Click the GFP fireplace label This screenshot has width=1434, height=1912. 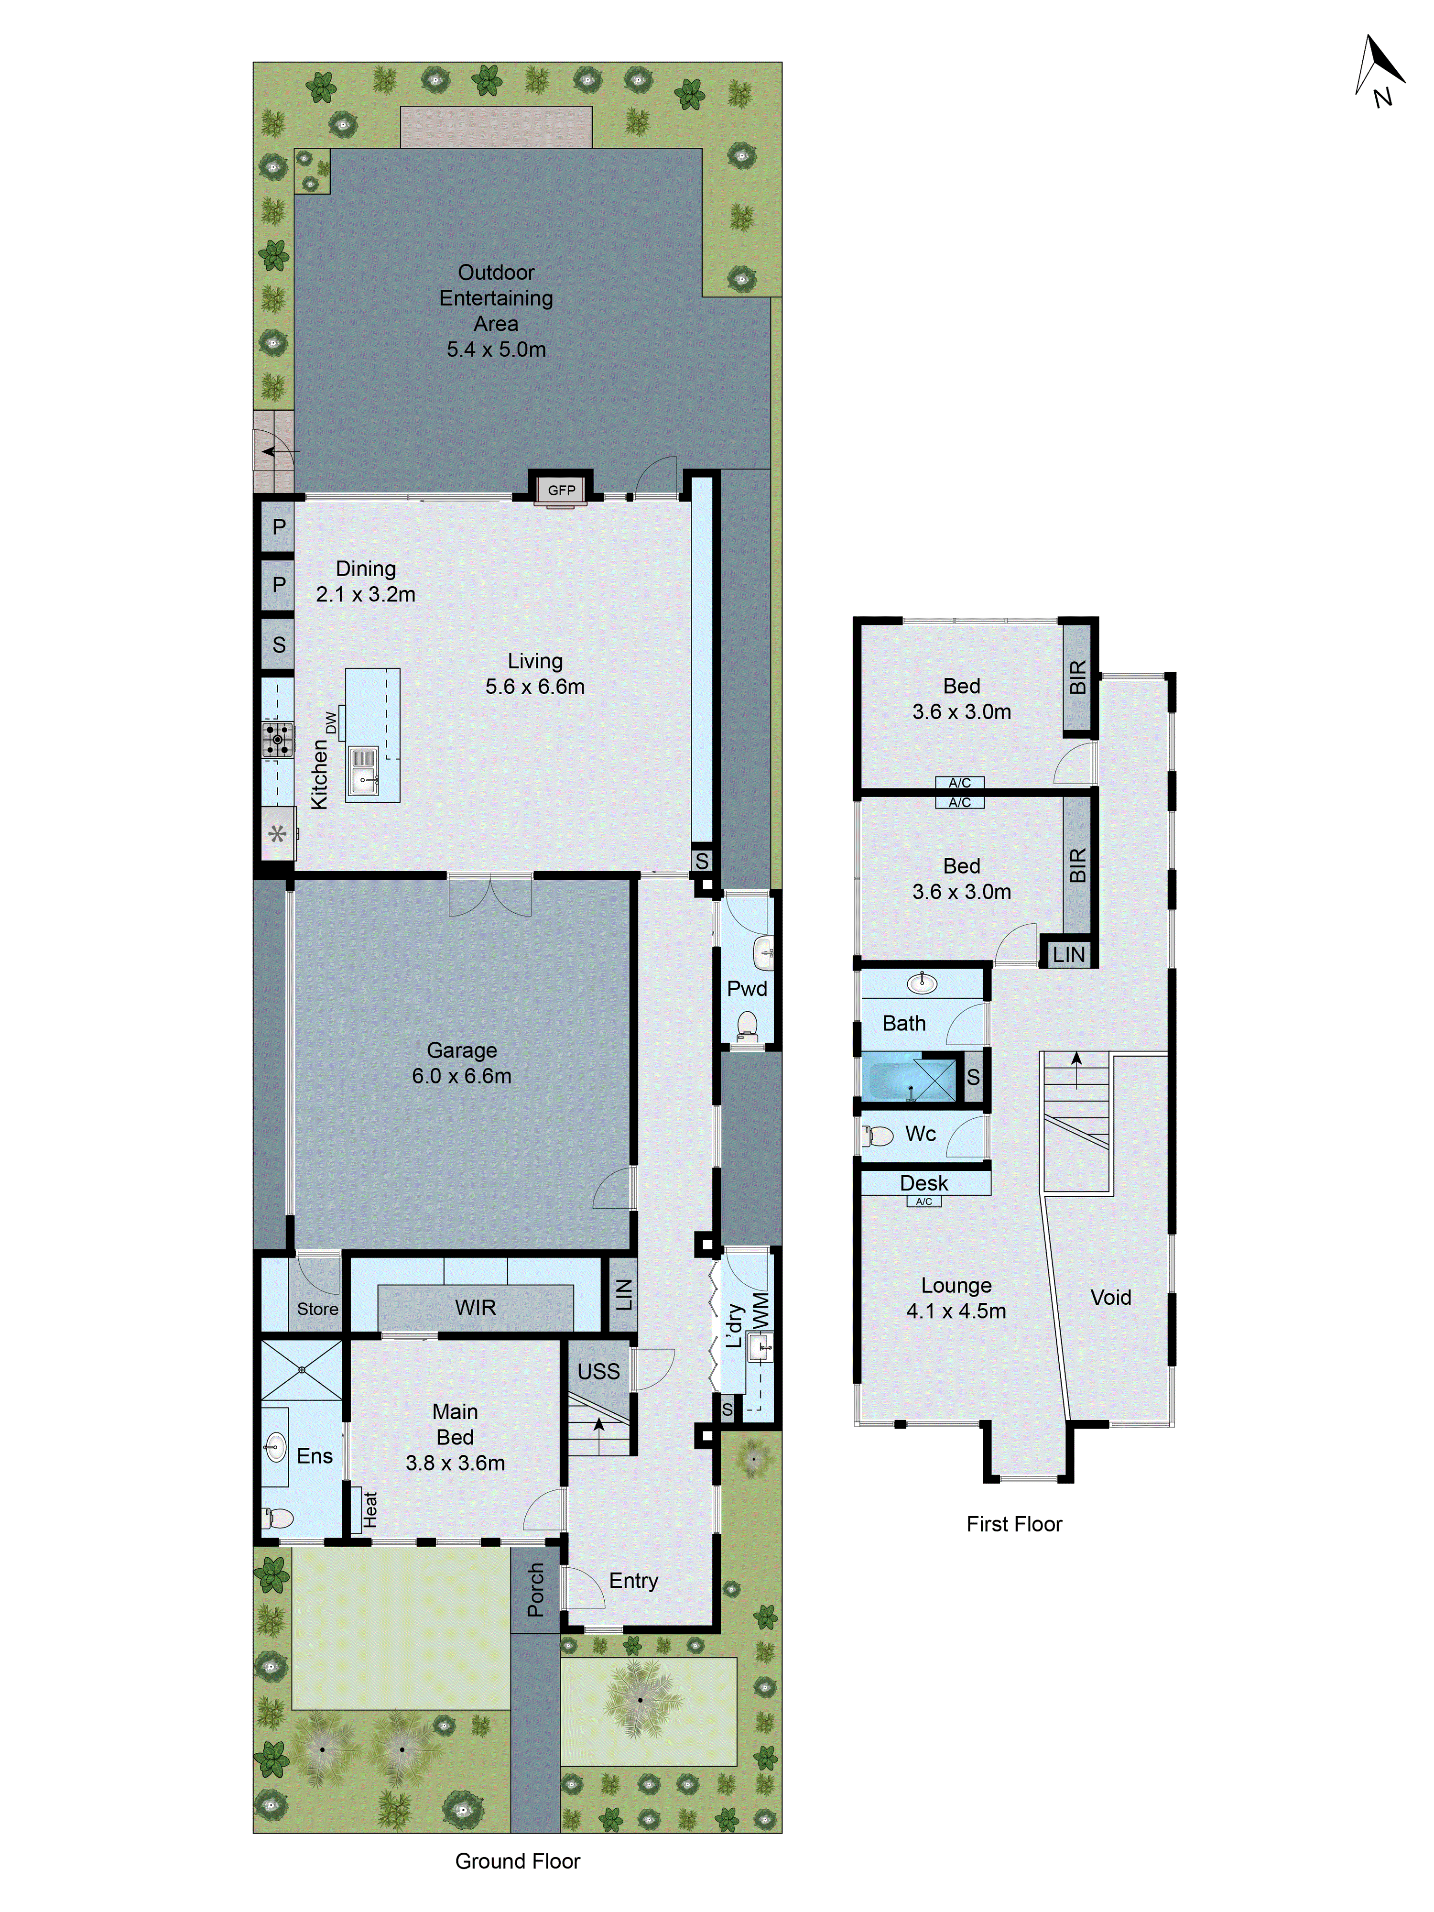click(x=561, y=490)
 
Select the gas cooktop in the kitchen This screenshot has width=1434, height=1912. click(x=277, y=740)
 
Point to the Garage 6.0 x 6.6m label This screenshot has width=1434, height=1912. click(x=462, y=1063)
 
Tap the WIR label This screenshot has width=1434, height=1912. click(x=476, y=1308)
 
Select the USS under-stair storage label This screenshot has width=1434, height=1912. click(x=598, y=1372)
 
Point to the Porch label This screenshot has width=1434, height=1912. click(x=535, y=1590)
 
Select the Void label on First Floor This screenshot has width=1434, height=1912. click(x=1110, y=1298)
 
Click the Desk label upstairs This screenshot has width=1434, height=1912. click(x=923, y=1183)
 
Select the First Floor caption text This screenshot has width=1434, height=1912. click(x=1014, y=1524)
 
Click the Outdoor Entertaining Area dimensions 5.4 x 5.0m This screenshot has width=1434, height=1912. click(x=496, y=349)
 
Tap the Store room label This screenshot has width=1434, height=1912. click(x=317, y=1309)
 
